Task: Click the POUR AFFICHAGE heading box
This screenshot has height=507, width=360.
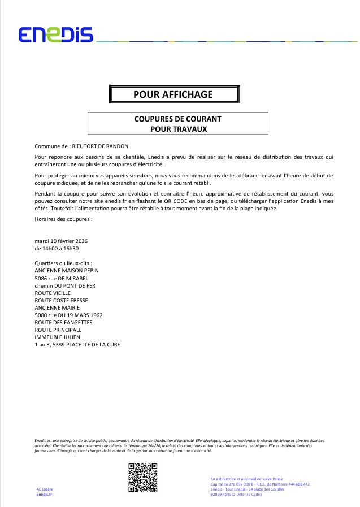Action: (x=174, y=94)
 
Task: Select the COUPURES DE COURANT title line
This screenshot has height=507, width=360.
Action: (x=177, y=119)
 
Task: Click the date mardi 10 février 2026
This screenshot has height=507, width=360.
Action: (x=61, y=241)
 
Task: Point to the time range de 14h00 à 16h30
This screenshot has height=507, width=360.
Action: (x=57, y=248)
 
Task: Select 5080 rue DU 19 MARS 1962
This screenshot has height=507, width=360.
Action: (x=68, y=315)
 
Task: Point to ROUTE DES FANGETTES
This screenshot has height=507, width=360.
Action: (x=63, y=322)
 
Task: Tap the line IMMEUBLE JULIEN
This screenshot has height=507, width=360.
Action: (x=58, y=337)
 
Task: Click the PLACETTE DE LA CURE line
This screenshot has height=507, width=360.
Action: (x=77, y=344)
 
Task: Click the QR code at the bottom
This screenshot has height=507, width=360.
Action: (x=142, y=478)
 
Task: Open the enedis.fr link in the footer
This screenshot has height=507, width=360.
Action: (x=44, y=495)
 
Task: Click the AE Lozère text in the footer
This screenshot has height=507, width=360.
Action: (x=45, y=489)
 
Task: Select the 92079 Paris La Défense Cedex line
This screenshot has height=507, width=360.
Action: (x=236, y=495)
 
